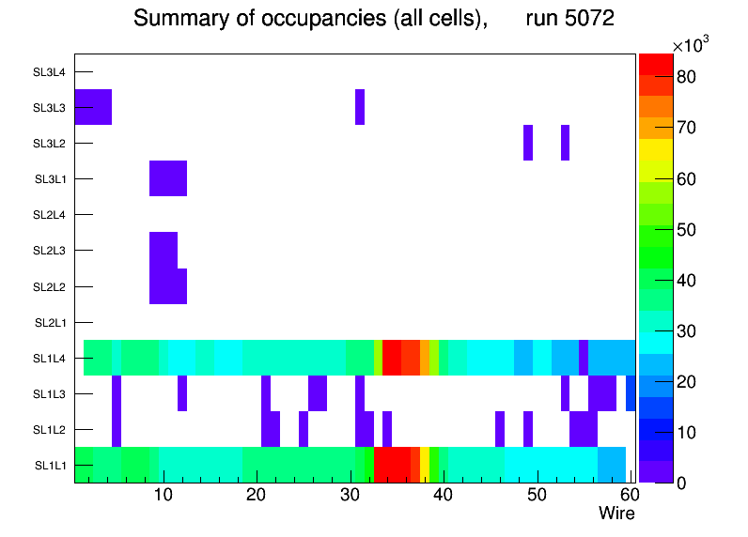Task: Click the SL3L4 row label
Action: click(x=50, y=72)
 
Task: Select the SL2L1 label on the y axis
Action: click(x=50, y=323)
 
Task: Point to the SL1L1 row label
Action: click(x=50, y=466)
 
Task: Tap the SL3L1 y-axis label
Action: click(x=50, y=179)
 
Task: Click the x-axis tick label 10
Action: click(x=164, y=496)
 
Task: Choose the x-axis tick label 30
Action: click(x=350, y=496)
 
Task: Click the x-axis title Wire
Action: click(x=616, y=514)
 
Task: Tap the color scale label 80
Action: click(x=686, y=77)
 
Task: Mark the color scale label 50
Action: click(x=686, y=229)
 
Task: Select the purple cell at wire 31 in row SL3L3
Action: click(x=360, y=107)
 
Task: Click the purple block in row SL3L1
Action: click(x=168, y=178)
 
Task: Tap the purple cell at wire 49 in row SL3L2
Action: click(x=528, y=143)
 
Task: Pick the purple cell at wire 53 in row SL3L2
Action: click(x=565, y=143)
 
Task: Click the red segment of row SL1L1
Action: click(x=391, y=465)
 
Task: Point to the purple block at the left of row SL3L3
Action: click(x=93, y=107)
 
